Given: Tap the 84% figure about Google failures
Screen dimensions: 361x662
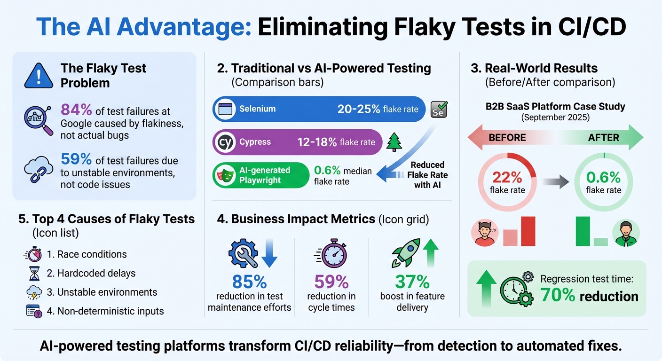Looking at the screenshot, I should (x=76, y=110).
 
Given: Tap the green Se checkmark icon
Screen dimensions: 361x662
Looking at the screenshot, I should (x=439, y=109).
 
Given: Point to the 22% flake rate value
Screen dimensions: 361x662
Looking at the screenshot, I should (x=507, y=178).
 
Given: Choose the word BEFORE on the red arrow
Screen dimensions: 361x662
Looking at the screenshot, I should (x=507, y=138).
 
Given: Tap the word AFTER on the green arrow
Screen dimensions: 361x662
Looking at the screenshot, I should (x=604, y=138).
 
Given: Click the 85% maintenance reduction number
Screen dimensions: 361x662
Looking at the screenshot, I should (x=249, y=282).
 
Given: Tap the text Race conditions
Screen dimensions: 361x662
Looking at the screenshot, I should (x=92, y=254).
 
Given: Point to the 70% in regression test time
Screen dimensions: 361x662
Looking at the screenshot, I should (x=557, y=296).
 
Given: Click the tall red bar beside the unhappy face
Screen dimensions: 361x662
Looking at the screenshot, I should (x=528, y=231).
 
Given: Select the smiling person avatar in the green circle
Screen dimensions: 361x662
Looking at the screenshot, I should (x=626, y=233).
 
